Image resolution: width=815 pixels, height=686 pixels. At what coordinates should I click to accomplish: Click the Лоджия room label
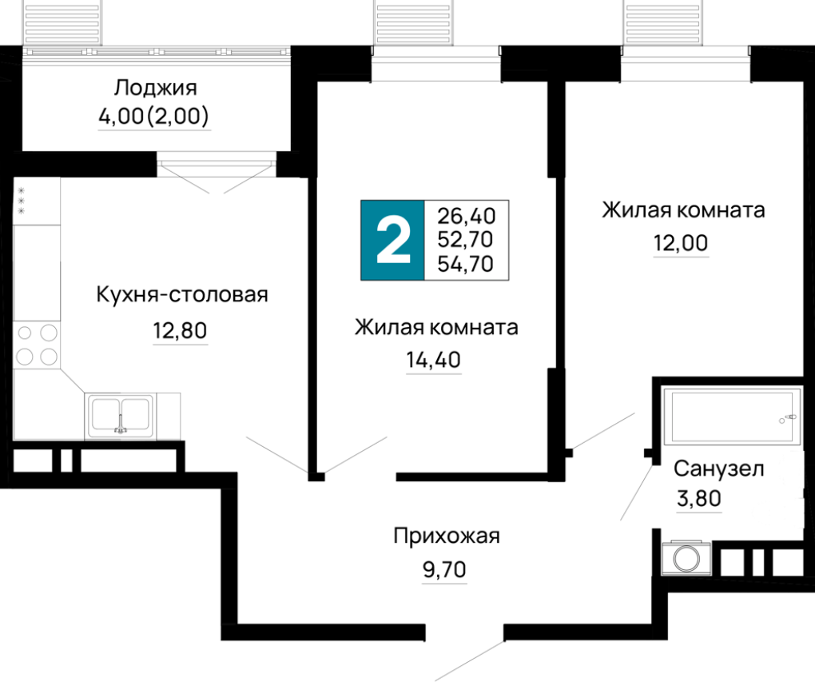click(x=156, y=88)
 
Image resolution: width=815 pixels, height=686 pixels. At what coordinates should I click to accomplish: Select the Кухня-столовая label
click(x=182, y=294)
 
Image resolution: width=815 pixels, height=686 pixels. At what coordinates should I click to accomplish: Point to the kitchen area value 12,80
click(x=180, y=330)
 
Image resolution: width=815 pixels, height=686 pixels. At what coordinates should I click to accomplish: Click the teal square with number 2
click(x=393, y=241)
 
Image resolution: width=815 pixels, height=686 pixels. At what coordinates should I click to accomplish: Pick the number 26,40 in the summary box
click(x=467, y=215)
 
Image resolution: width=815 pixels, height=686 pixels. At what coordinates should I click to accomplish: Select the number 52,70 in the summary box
click(x=465, y=239)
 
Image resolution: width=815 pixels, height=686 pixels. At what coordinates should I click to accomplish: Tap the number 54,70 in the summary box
click(x=465, y=264)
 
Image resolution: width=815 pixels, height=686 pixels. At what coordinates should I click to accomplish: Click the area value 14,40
click(x=434, y=359)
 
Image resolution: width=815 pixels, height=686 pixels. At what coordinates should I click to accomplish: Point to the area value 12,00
click(x=681, y=243)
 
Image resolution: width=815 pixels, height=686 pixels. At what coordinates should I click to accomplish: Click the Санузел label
click(x=719, y=469)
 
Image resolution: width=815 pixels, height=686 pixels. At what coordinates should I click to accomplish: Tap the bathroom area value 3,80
click(x=699, y=498)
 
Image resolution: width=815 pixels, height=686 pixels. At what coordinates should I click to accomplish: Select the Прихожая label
click(x=447, y=536)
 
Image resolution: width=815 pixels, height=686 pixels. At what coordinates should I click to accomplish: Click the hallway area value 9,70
click(x=444, y=569)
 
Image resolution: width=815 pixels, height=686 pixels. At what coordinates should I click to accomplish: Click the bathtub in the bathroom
click(x=731, y=416)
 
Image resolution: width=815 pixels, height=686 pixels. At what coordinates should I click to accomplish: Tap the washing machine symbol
click(x=686, y=559)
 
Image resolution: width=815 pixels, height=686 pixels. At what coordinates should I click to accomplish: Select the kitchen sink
click(x=121, y=415)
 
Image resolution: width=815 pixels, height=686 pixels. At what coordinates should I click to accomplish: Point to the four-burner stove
click(x=37, y=345)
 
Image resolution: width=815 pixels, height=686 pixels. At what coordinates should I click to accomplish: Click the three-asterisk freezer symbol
click(x=22, y=201)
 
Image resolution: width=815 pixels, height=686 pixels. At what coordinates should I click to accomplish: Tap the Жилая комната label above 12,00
click(x=683, y=210)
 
